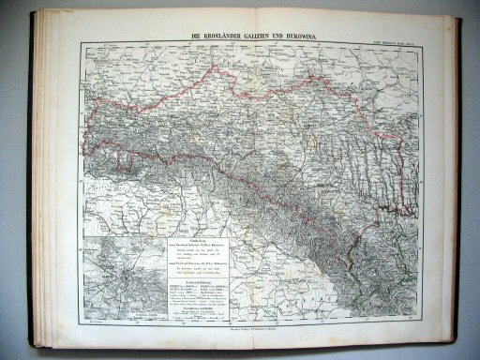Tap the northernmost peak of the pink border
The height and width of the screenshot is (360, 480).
[x=221, y=67]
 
